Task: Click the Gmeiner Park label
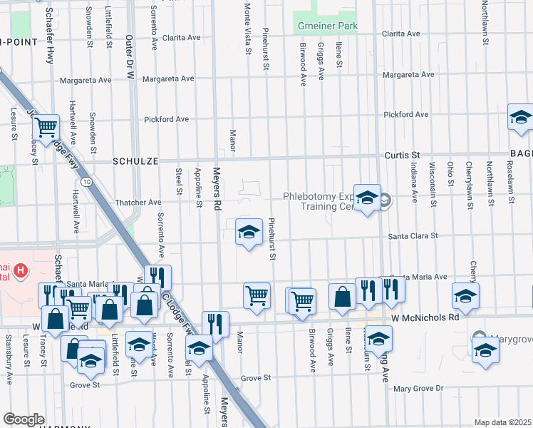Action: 326,26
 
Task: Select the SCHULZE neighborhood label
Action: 135,162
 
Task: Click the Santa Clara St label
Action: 413,235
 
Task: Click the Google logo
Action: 23,419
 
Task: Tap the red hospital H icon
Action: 21,270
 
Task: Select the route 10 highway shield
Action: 86,183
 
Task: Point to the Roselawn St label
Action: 510,184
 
